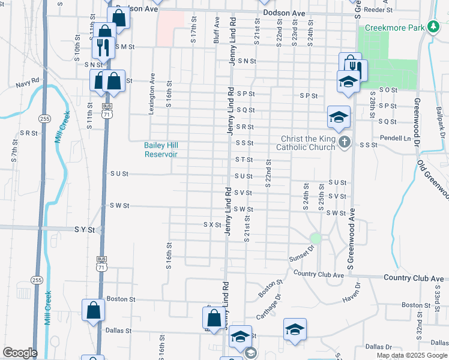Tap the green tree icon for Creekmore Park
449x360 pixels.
(432, 27)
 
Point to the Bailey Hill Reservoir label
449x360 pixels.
(161, 149)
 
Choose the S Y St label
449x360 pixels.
(85, 229)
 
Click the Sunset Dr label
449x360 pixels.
(301, 254)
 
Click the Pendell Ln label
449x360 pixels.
(398, 138)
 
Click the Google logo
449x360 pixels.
(20, 353)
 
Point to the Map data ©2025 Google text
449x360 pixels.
(411, 355)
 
